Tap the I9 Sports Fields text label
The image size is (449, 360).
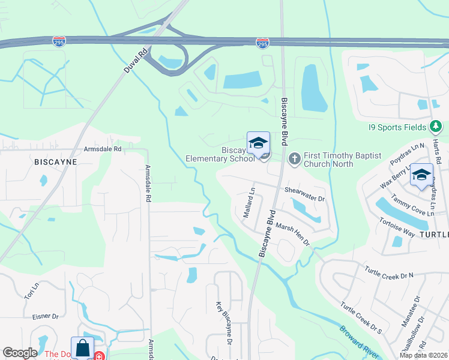pos(398,127)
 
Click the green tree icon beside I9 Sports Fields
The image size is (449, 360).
pos(436,127)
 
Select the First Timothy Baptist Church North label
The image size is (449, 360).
pos(342,160)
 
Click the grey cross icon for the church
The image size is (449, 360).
pos(294,159)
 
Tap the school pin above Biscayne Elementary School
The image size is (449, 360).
pos(258,143)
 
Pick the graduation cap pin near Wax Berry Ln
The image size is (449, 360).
pos(421,175)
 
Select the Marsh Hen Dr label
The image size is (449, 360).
pos(292,234)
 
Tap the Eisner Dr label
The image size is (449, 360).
pos(46,316)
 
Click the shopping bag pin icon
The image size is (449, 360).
pos(82,349)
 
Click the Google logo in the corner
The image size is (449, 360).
pos(19,353)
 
